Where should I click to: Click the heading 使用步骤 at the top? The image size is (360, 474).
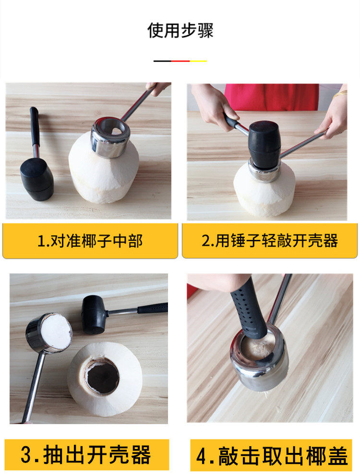coord(180,30)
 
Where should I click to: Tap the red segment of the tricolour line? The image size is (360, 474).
coord(180,61)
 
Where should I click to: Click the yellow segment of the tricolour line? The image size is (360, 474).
coord(198,61)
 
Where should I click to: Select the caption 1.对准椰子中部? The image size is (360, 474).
coord(90,241)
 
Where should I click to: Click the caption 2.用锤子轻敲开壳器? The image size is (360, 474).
coord(270,241)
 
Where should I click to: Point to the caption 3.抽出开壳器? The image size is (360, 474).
coord(85,455)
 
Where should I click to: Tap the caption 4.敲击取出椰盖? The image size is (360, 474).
coord(271,456)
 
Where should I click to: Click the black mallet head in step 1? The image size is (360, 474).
coord(37,179)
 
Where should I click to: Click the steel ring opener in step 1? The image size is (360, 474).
coord(110,137)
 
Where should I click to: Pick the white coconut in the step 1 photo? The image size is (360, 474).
coord(104,172)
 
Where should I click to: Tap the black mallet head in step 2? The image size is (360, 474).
coord(264,144)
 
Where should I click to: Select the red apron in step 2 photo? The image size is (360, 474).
coord(271,97)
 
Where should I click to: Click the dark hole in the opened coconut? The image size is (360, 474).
coord(102,377)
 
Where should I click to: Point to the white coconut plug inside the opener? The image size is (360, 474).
coord(56,332)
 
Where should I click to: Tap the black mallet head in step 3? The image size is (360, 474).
coord(93,315)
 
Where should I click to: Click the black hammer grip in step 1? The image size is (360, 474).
coord(34,126)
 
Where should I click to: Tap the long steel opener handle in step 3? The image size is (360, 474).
coord(34,387)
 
